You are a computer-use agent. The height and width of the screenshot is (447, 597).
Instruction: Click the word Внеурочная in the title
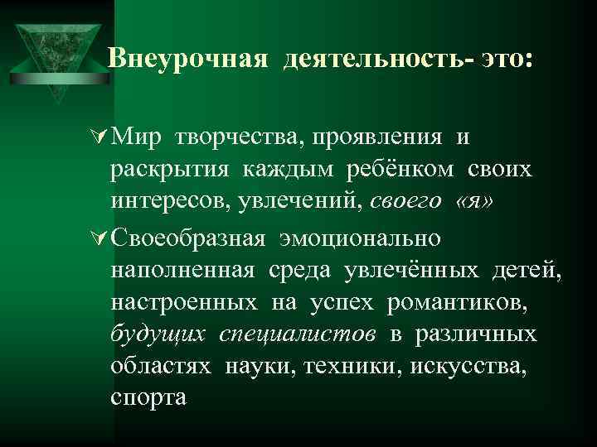(x=188, y=59)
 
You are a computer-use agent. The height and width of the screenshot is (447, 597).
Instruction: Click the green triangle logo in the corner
(x=56, y=50)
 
